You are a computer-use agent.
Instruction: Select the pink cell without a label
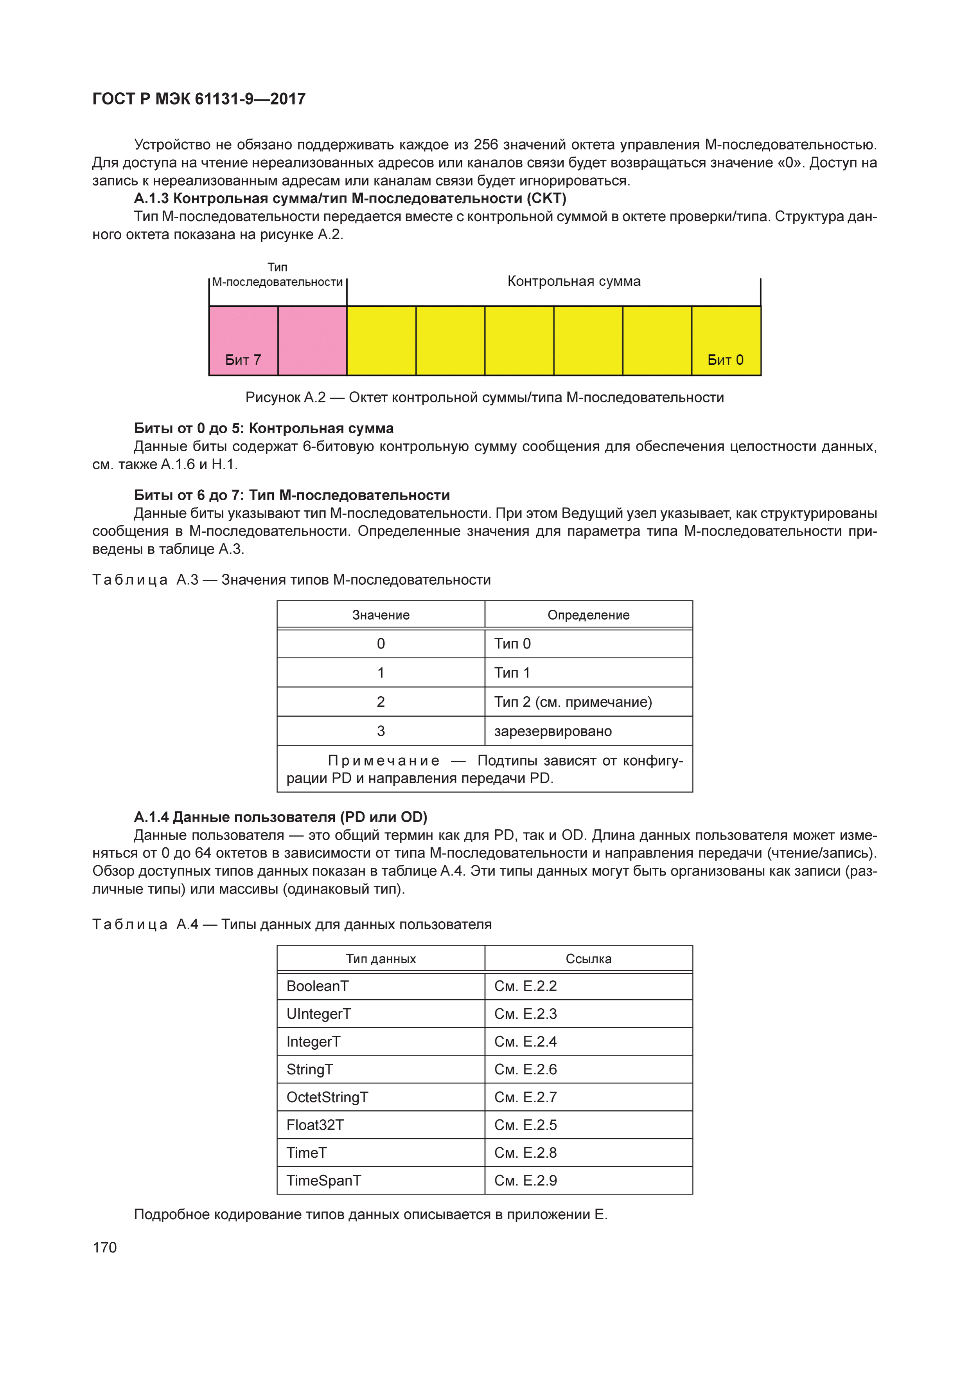click(312, 340)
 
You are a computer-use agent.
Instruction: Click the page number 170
click(104, 1247)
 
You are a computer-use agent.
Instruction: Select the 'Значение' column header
click(381, 615)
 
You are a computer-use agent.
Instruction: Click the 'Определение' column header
click(588, 615)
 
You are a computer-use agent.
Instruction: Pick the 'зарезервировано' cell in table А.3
click(553, 731)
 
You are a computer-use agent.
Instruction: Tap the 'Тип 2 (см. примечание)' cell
click(573, 701)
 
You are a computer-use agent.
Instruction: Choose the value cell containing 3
click(381, 731)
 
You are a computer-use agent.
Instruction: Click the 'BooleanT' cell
click(317, 986)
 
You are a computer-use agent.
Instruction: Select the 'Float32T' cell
click(315, 1124)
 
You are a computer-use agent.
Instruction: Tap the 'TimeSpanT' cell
click(323, 1180)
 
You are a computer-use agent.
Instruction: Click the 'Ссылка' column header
click(588, 959)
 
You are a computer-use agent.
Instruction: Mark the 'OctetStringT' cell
click(327, 1097)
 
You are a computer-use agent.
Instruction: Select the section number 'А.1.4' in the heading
click(151, 816)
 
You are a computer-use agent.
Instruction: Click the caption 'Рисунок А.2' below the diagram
click(285, 397)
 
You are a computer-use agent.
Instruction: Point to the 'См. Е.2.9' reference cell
click(525, 1180)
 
